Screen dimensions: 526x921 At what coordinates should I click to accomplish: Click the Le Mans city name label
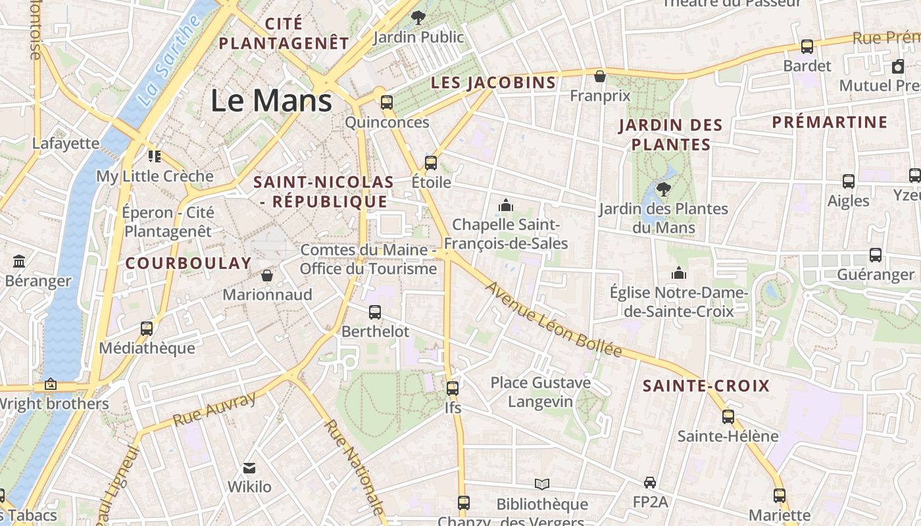tap(271, 101)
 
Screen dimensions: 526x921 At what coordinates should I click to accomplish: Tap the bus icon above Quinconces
tap(387, 103)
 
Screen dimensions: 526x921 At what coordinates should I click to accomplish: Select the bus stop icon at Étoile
tap(431, 162)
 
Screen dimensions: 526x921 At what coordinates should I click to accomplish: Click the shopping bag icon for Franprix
tap(599, 76)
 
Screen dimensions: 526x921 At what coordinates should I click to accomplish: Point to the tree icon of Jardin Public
tap(417, 18)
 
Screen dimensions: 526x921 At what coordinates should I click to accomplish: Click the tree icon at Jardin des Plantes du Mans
tap(663, 189)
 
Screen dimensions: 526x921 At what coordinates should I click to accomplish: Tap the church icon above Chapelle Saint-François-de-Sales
tap(505, 205)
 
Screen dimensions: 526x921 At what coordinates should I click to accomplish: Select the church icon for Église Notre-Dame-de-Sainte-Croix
tap(678, 272)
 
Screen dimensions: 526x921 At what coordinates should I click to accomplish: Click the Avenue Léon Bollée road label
tap(553, 319)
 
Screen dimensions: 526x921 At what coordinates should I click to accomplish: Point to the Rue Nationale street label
tap(353, 467)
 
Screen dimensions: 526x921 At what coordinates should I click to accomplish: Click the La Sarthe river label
tap(170, 62)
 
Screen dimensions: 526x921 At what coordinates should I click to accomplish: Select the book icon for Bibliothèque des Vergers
tap(542, 485)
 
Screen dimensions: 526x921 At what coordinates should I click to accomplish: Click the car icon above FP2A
tap(650, 483)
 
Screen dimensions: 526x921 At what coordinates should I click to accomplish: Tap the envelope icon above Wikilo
tap(249, 468)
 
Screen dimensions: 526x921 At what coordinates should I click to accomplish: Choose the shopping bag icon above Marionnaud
tap(267, 275)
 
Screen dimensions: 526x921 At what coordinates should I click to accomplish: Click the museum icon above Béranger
tap(19, 262)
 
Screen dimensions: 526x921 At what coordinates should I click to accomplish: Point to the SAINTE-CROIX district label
tap(706, 386)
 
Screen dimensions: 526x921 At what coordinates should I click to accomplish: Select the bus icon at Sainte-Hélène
tap(728, 416)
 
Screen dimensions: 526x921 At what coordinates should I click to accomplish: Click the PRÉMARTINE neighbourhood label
tap(830, 122)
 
